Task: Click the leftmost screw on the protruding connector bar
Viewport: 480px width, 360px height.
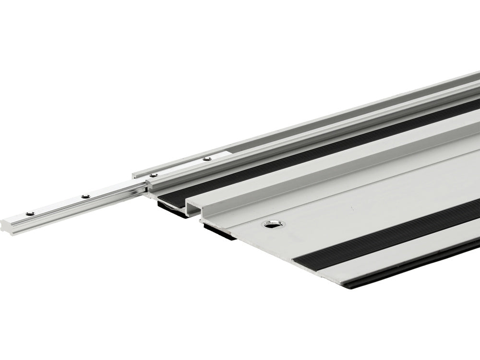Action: (30, 213)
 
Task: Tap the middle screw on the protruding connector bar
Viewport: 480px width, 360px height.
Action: (85, 196)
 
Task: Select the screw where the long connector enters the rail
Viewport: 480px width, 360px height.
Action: (154, 175)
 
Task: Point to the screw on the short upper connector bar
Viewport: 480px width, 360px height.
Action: (207, 159)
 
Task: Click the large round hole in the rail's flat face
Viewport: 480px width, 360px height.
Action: (273, 224)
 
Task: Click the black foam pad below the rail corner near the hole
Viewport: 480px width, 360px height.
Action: (219, 232)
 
